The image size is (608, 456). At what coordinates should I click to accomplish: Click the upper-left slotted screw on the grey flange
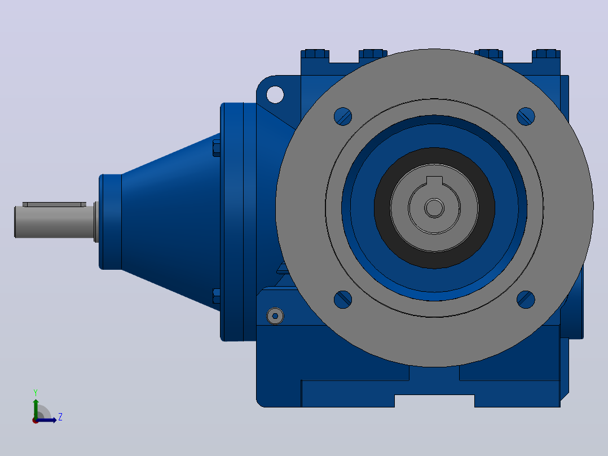[x=343, y=116]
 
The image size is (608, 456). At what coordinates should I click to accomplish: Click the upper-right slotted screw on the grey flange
[x=526, y=116]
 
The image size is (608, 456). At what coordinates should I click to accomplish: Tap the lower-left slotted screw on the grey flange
[x=343, y=300]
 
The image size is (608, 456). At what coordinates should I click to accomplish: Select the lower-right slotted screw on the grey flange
[x=526, y=300]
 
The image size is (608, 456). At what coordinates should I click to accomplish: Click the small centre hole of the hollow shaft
[x=434, y=208]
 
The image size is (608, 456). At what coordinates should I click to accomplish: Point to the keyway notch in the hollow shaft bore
[x=434, y=181]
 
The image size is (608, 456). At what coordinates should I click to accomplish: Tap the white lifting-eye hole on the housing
[x=275, y=95]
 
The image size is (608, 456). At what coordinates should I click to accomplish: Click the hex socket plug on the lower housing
[x=275, y=316]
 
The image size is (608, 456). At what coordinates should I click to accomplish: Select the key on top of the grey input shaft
[x=54, y=204]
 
